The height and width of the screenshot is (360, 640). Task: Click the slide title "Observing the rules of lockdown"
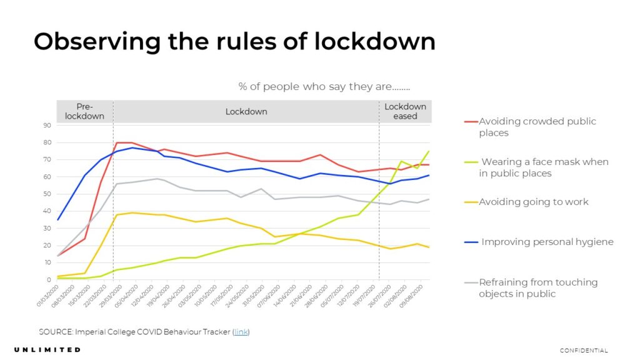234,41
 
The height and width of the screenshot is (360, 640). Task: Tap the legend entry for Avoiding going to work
533,202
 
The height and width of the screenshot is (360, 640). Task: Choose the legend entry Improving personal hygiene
547,242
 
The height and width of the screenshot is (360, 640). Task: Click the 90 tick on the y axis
47,126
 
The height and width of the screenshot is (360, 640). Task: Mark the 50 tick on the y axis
47,194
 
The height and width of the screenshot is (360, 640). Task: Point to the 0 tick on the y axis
49,280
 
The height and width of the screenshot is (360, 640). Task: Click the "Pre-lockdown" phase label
84,111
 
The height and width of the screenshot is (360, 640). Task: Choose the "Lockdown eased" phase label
405,111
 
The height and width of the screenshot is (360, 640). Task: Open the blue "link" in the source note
241,331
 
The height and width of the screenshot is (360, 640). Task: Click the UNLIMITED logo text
47,349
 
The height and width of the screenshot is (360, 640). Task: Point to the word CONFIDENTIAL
584,350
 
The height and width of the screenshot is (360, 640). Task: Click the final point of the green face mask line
429,151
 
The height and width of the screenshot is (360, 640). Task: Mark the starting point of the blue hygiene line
57,220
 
